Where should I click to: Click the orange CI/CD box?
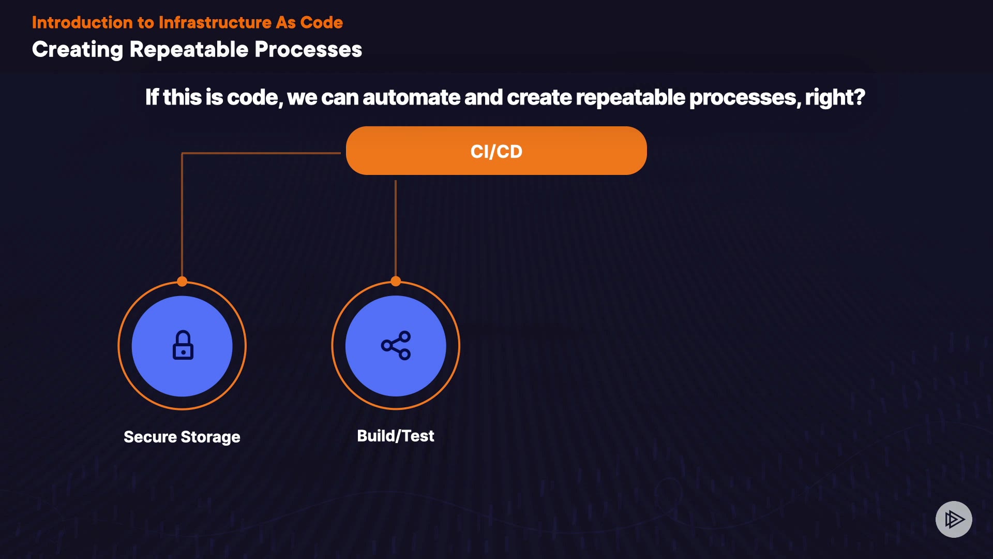click(496, 151)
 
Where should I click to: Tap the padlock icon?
click(183, 345)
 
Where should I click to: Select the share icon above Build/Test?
click(396, 345)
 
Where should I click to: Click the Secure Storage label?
click(182, 437)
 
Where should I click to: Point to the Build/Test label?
click(396, 436)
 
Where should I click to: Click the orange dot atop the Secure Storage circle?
click(182, 282)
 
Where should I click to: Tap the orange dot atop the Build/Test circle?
click(396, 282)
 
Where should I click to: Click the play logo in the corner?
click(954, 519)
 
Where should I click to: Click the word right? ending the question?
click(835, 97)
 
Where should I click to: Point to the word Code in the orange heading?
click(321, 22)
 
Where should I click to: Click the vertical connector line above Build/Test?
click(396, 228)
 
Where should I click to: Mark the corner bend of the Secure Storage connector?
click(182, 153)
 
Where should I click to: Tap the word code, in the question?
click(255, 97)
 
